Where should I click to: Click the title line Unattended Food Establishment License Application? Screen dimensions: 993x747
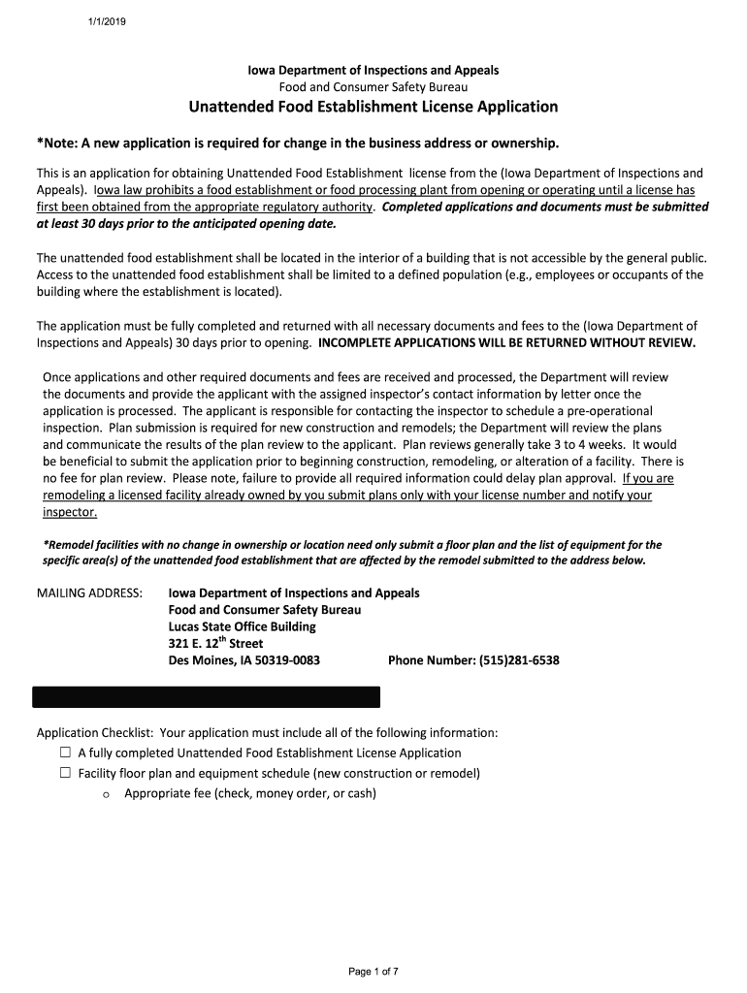coord(373,107)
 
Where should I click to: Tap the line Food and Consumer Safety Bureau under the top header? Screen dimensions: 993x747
coord(373,87)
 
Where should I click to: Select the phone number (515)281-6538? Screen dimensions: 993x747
coord(521,661)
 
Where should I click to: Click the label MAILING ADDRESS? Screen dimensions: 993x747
coord(89,593)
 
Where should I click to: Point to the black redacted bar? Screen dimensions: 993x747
coord(207,697)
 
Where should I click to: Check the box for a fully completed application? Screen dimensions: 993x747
coord(66,753)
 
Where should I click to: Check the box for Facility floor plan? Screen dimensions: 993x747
coord(66,773)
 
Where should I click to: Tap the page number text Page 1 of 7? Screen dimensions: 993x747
coord(373,971)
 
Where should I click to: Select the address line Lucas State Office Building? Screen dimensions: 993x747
coord(242,626)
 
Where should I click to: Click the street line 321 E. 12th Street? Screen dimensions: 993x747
coord(215,643)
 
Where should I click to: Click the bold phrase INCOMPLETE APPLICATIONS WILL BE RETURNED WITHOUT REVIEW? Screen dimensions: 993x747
coord(506,343)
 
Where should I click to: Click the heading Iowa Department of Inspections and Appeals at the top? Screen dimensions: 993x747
coord(373,71)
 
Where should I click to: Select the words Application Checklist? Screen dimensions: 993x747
coord(95,732)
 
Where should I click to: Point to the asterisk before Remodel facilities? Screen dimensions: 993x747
coord(46,545)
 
